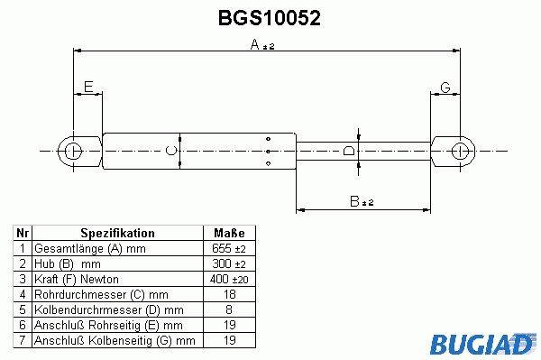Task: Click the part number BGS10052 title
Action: pyautogui.click(x=270, y=18)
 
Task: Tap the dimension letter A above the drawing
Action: pyautogui.click(x=254, y=44)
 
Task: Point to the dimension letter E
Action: pyautogui.click(x=88, y=87)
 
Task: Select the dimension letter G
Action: pyautogui.click(x=445, y=88)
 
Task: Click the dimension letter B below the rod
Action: pyautogui.click(x=354, y=201)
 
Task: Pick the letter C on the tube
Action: pyautogui.click(x=171, y=151)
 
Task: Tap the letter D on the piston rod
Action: pyautogui.click(x=349, y=151)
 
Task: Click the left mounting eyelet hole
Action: pyautogui.click(x=74, y=152)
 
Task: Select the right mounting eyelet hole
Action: pyautogui.click(x=460, y=152)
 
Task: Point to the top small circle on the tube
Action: pyautogui.click(x=268, y=139)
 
